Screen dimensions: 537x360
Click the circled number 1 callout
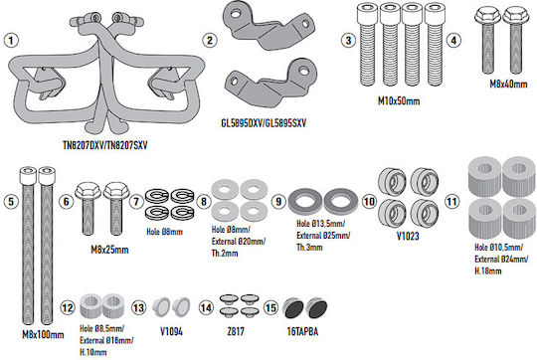pyautogui.click(x=11, y=41)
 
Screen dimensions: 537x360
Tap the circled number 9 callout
pyautogui.click(x=278, y=202)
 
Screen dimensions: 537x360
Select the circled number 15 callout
pyautogui.click(x=270, y=307)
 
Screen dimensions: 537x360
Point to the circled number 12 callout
pyautogui.click(x=68, y=307)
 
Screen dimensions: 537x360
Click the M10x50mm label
pyautogui.click(x=399, y=100)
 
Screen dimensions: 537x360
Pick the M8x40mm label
pyautogui.click(x=508, y=84)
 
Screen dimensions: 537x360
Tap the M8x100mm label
pyautogui.click(x=43, y=334)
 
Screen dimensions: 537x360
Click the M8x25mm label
pyautogui.click(x=109, y=250)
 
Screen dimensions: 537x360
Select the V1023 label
pyautogui.click(x=408, y=236)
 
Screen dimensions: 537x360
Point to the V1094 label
pyautogui.click(x=171, y=331)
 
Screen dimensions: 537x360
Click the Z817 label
pyautogui.click(x=236, y=331)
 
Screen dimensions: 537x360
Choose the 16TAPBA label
pyautogui.click(x=302, y=331)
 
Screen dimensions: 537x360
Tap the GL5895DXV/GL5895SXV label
pyautogui.click(x=264, y=123)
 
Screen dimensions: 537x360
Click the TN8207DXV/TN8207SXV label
pyautogui.click(x=105, y=145)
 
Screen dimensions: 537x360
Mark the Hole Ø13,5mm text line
pyautogui.click(x=321, y=224)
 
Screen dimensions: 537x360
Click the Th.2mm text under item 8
pyautogui.click(x=225, y=254)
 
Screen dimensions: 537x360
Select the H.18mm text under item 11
pyautogui.click(x=488, y=270)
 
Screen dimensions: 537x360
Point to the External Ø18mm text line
pyautogui.click(x=106, y=340)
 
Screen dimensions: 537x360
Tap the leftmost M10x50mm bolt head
pyautogui.click(x=367, y=12)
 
